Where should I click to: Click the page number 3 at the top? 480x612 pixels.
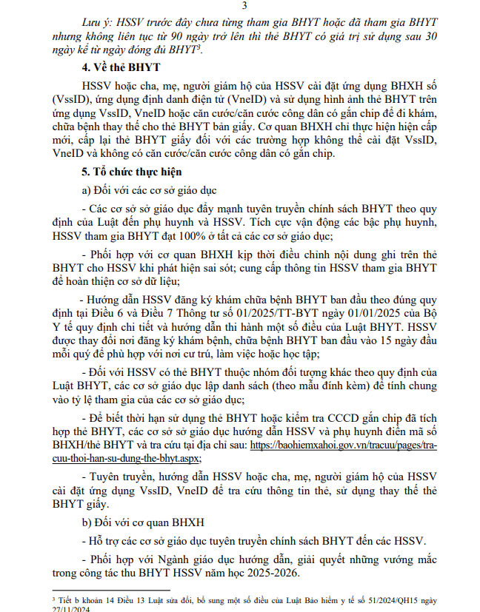243,7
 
